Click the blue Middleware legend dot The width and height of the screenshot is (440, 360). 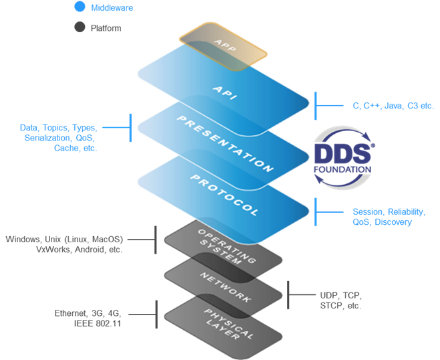[80, 7]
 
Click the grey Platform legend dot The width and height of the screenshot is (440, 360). [80, 28]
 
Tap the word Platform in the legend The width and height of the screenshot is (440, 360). [106, 29]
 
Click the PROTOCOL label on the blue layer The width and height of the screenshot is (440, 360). [224, 195]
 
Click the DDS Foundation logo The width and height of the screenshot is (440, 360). [342, 156]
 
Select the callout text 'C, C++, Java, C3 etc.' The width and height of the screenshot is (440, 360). [384, 105]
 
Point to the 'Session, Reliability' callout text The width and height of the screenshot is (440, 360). [388, 212]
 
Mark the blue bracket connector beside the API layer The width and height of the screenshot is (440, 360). [317, 105]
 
